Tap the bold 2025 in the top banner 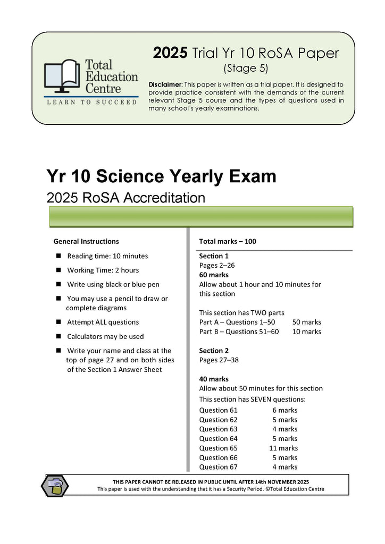click(170, 53)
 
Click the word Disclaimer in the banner click(165, 84)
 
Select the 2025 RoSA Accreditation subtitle click(126, 198)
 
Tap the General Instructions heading click(86, 241)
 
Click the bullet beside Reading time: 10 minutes click(58, 256)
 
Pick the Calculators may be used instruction click(105, 336)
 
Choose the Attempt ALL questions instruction click(103, 322)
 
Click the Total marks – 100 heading click(228, 241)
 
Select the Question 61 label click(218, 410)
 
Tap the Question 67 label click(218, 467)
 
